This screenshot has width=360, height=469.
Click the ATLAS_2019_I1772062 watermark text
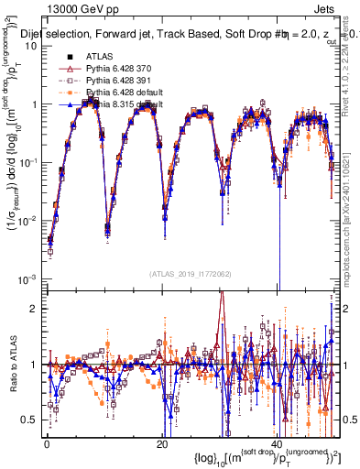(x=190, y=273)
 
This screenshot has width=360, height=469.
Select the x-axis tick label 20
(x=161, y=443)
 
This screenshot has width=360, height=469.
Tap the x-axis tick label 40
(x=278, y=443)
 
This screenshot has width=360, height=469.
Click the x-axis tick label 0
(x=46, y=443)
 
